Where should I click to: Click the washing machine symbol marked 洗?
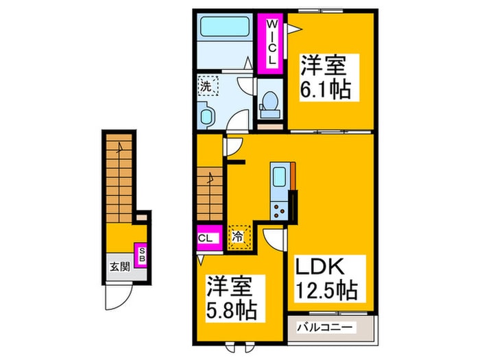point(207,86)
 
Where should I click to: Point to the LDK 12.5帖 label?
point(326,277)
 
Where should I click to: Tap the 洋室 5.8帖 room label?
point(231,299)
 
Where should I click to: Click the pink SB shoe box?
point(142,256)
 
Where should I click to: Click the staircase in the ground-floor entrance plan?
point(119,176)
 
